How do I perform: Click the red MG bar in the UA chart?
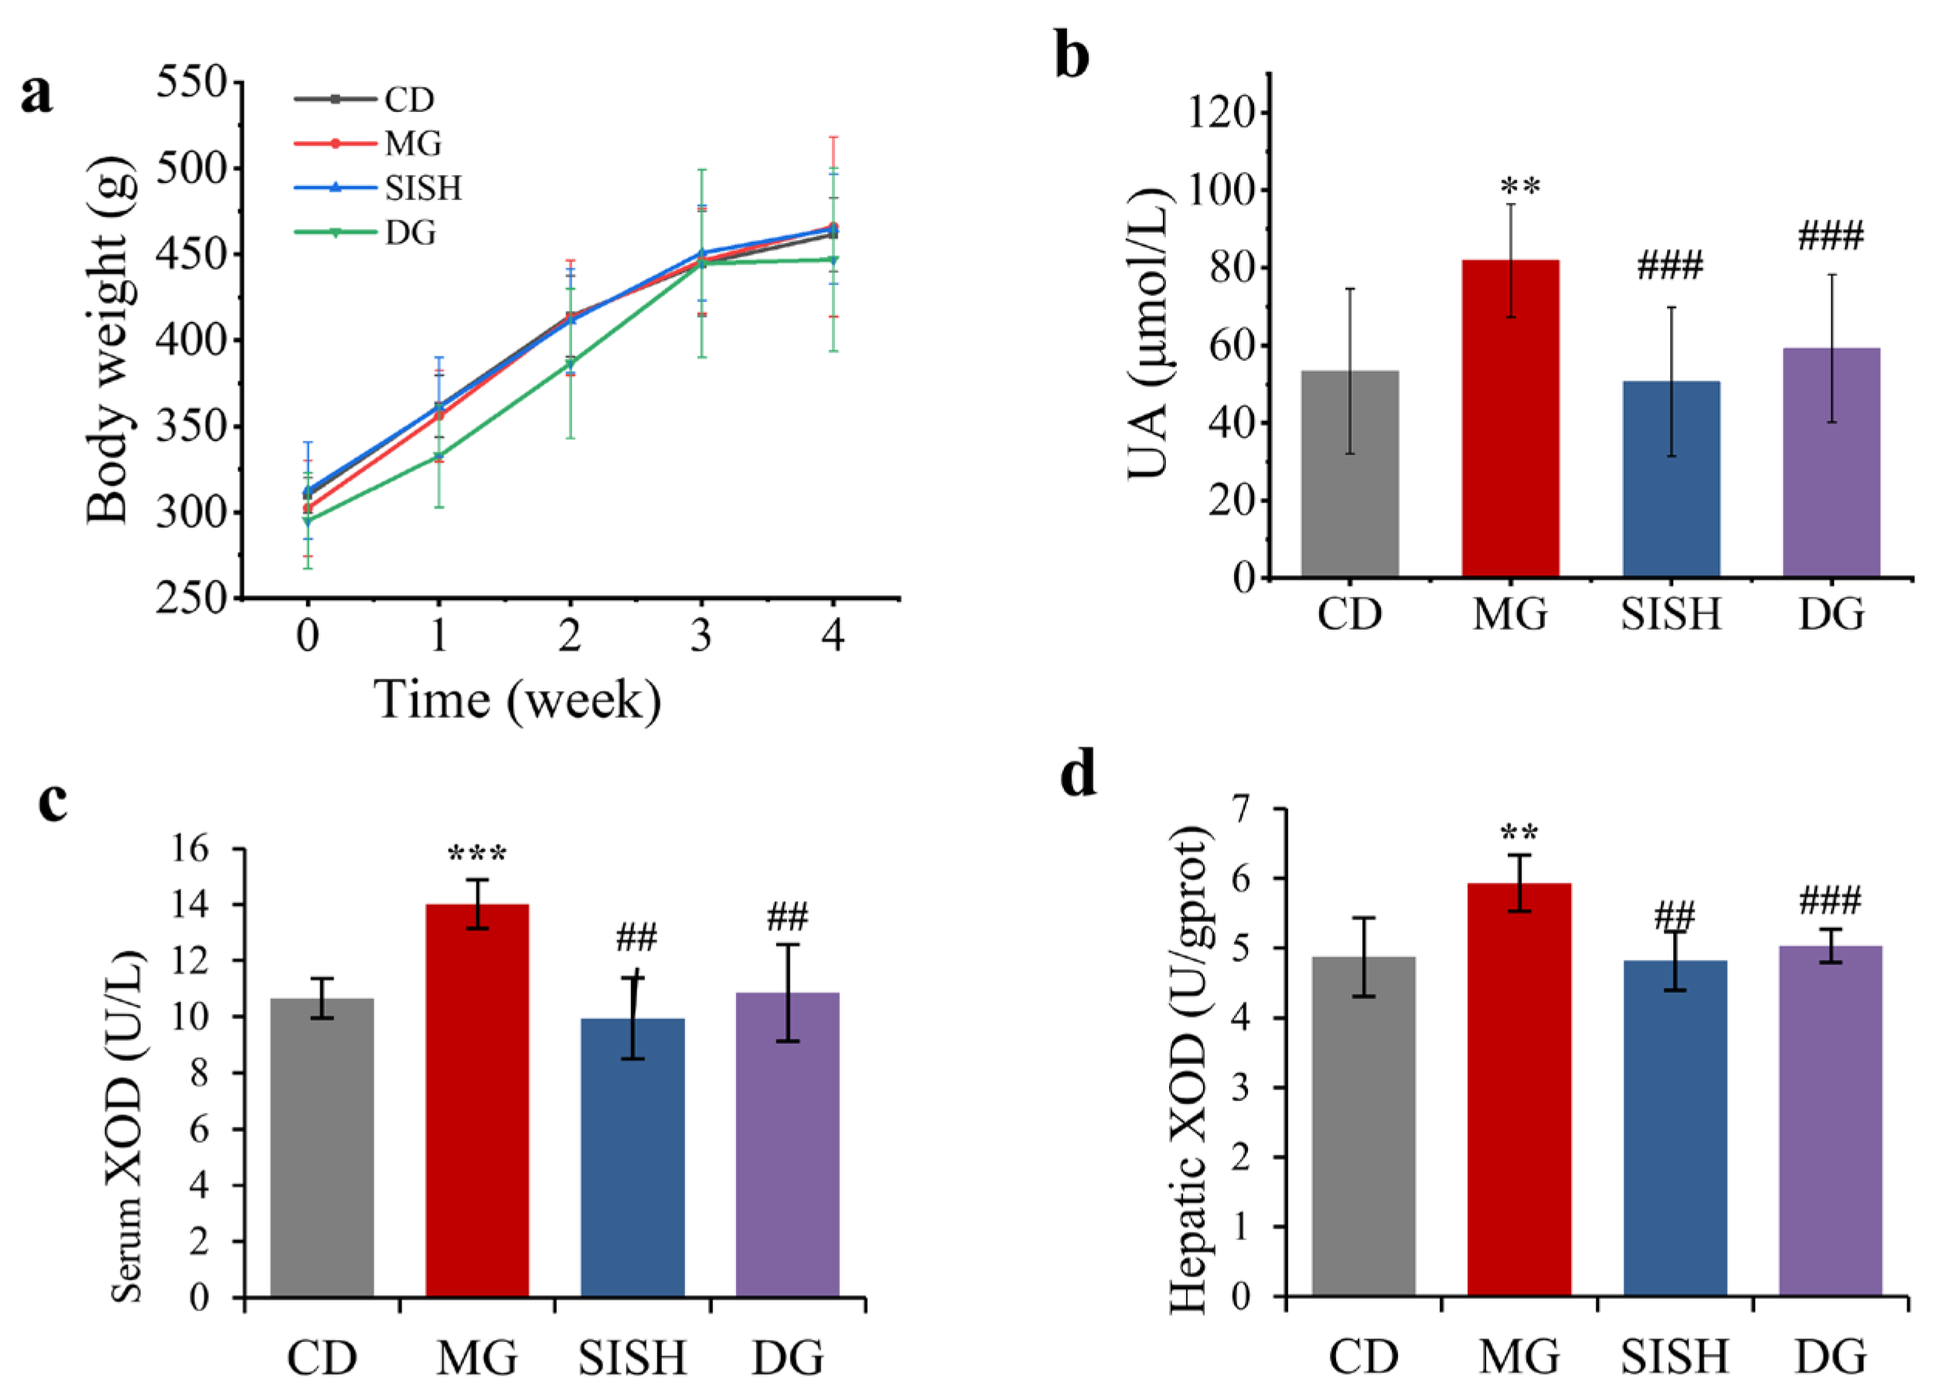[1510, 418]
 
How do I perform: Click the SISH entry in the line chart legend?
[423, 189]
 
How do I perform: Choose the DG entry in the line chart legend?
[410, 233]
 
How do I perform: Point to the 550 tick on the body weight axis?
[193, 83]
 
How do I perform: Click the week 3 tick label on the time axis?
[701, 635]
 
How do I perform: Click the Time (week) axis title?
[518, 701]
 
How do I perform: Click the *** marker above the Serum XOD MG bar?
[476, 855]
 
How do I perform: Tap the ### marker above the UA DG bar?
[1831, 236]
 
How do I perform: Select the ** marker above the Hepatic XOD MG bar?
[1519, 833]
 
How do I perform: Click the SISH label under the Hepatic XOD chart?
[1674, 1356]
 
